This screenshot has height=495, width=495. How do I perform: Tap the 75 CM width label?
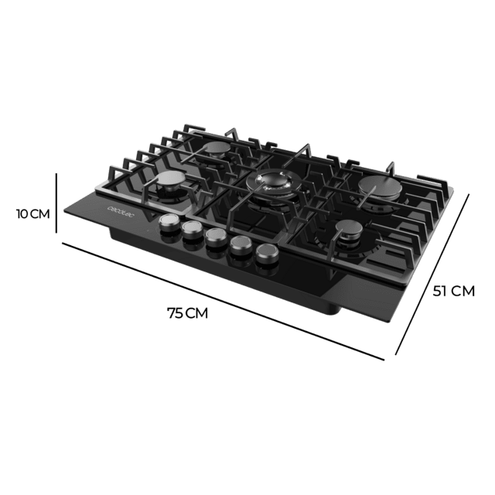click(x=188, y=313)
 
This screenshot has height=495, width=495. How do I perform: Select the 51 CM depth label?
click(x=454, y=291)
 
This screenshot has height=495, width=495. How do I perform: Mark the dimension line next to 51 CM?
click(x=433, y=275)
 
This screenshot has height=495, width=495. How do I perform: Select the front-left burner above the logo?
click(x=169, y=184)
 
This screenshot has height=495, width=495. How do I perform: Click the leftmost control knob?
click(x=167, y=223)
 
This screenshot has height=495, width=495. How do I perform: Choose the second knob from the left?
click(x=191, y=230)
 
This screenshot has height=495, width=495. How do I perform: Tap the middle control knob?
click(x=215, y=237)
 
